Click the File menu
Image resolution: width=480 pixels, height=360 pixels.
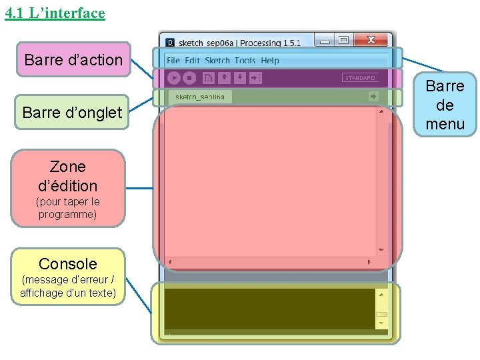(x=173, y=61)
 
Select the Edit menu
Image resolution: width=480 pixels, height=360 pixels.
(x=193, y=61)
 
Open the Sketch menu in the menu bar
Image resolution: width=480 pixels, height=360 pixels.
(x=217, y=61)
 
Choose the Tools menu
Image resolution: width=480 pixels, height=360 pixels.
(x=245, y=61)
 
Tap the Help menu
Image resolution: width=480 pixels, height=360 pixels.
(x=270, y=61)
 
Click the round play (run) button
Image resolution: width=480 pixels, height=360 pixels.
(x=174, y=78)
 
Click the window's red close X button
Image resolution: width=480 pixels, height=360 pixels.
(x=371, y=40)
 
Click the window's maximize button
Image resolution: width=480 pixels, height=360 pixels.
(x=343, y=40)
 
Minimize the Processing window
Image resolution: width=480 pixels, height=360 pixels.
(x=325, y=40)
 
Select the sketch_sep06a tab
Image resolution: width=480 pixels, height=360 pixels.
(x=200, y=97)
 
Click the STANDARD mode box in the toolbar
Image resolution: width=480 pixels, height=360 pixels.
(x=360, y=78)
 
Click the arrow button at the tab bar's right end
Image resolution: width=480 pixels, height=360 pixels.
(x=373, y=97)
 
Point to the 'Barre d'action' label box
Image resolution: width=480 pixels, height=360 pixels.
(x=73, y=60)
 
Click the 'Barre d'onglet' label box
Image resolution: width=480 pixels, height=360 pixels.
(x=72, y=112)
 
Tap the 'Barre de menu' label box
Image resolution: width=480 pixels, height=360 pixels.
(x=445, y=105)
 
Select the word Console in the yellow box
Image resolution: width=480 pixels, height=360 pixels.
(x=68, y=263)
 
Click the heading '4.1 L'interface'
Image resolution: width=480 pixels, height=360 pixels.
(x=55, y=13)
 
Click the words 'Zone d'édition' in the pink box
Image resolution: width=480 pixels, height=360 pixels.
(x=68, y=176)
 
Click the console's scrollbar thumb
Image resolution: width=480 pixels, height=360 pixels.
(x=381, y=315)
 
